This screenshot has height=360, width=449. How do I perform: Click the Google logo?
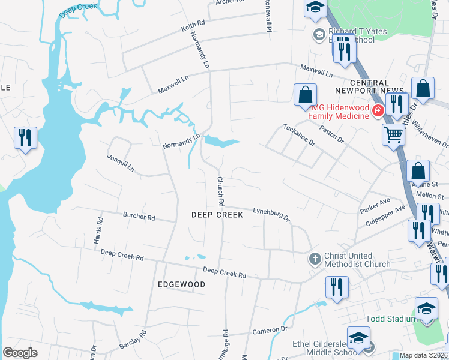click(x=20, y=353)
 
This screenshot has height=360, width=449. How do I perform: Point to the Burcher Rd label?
click(x=139, y=215)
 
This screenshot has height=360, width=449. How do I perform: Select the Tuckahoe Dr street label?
click(x=299, y=136)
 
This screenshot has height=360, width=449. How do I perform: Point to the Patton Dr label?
click(x=331, y=134)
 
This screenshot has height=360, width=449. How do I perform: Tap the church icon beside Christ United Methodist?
click(x=314, y=259)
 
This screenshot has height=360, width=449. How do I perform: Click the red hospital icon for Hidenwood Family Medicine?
click(x=378, y=111)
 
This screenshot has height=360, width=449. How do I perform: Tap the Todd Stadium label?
click(x=391, y=318)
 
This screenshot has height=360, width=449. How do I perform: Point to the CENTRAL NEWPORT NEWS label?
click(x=377, y=86)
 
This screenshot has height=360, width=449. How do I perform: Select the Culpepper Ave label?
click(x=385, y=215)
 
